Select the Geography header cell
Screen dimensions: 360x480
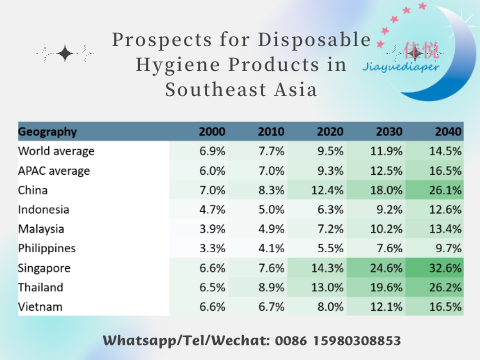click(49, 131)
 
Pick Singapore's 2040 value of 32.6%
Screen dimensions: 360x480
click(446, 267)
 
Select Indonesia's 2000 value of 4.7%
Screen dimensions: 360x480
click(212, 209)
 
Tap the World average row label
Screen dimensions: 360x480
click(57, 150)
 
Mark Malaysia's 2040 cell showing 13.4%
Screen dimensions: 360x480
click(446, 228)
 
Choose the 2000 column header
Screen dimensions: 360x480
click(212, 131)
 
